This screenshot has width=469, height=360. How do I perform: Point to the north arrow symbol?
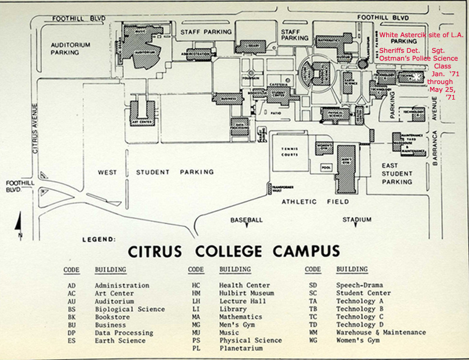19,225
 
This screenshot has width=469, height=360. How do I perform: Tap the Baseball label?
246,220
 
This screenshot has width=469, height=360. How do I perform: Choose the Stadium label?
357,220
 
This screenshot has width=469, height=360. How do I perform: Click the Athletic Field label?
316,202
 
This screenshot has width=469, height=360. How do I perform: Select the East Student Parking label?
398,173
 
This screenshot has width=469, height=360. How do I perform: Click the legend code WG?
312,340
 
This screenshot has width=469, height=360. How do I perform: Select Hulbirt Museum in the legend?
246,293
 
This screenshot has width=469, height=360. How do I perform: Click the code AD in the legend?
71,286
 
